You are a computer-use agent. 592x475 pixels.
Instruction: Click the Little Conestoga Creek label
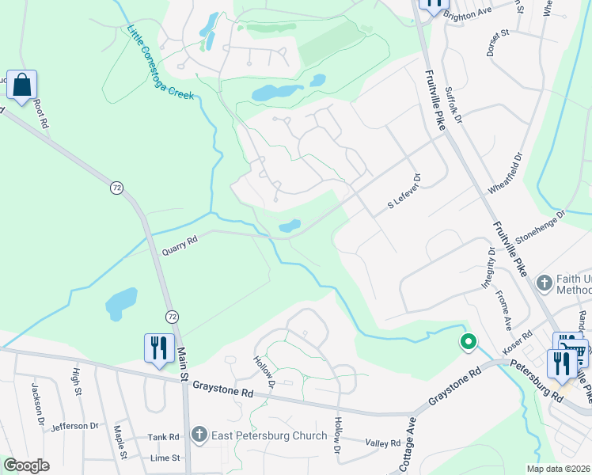161,63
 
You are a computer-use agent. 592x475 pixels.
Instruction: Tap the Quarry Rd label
179,246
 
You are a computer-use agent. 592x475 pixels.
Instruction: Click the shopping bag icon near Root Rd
21,84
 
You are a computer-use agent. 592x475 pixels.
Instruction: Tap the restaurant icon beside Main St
159,348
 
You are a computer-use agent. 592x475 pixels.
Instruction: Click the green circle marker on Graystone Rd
468,342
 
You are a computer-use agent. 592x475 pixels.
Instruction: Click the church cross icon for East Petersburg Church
199,435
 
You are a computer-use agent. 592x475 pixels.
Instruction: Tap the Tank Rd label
164,436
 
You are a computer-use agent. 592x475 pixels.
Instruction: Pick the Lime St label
165,458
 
